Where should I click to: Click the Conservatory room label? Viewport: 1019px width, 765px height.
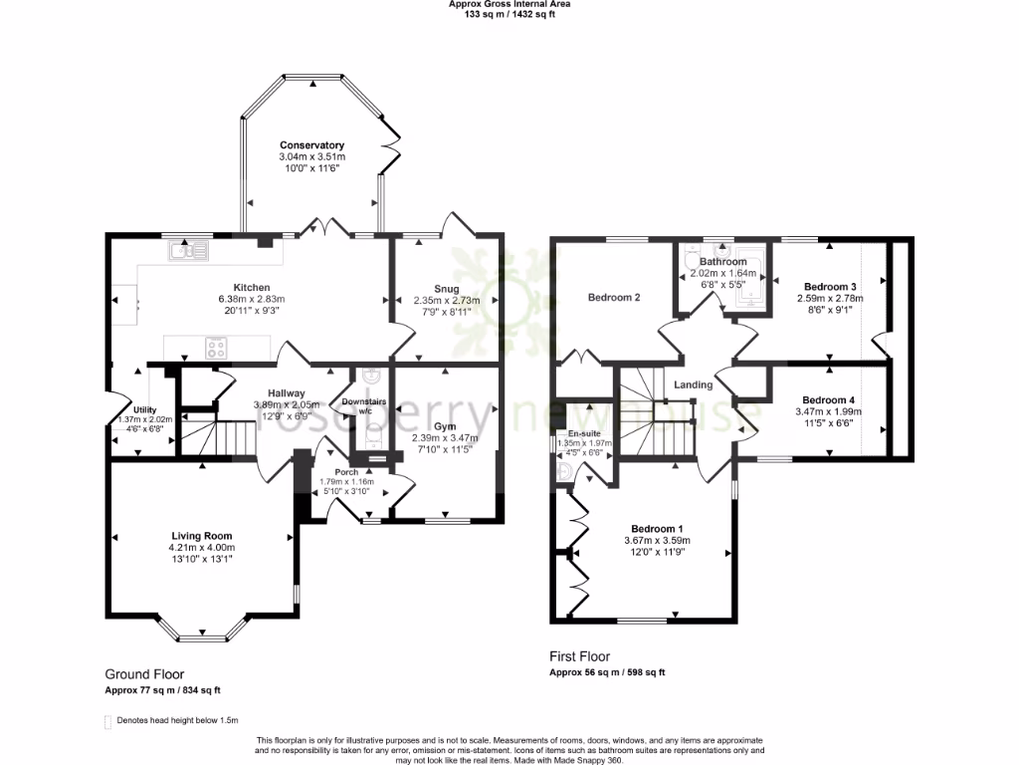point(311,145)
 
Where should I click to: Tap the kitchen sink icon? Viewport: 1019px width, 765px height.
point(188,250)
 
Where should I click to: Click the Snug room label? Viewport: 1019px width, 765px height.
point(446,289)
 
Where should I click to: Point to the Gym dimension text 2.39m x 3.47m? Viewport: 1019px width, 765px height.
point(446,437)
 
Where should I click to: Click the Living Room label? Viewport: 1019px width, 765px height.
point(201,536)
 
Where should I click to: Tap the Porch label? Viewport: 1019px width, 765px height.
point(346,472)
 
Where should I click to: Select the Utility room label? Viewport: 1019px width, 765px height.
point(146,409)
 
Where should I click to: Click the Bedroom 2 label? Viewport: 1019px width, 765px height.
point(613,297)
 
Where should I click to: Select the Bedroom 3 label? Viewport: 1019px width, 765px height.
point(829,286)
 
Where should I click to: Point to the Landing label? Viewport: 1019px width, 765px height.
point(693,384)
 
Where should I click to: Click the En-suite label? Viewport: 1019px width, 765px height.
point(584,434)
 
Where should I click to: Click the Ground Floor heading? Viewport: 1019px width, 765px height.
point(144,674)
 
